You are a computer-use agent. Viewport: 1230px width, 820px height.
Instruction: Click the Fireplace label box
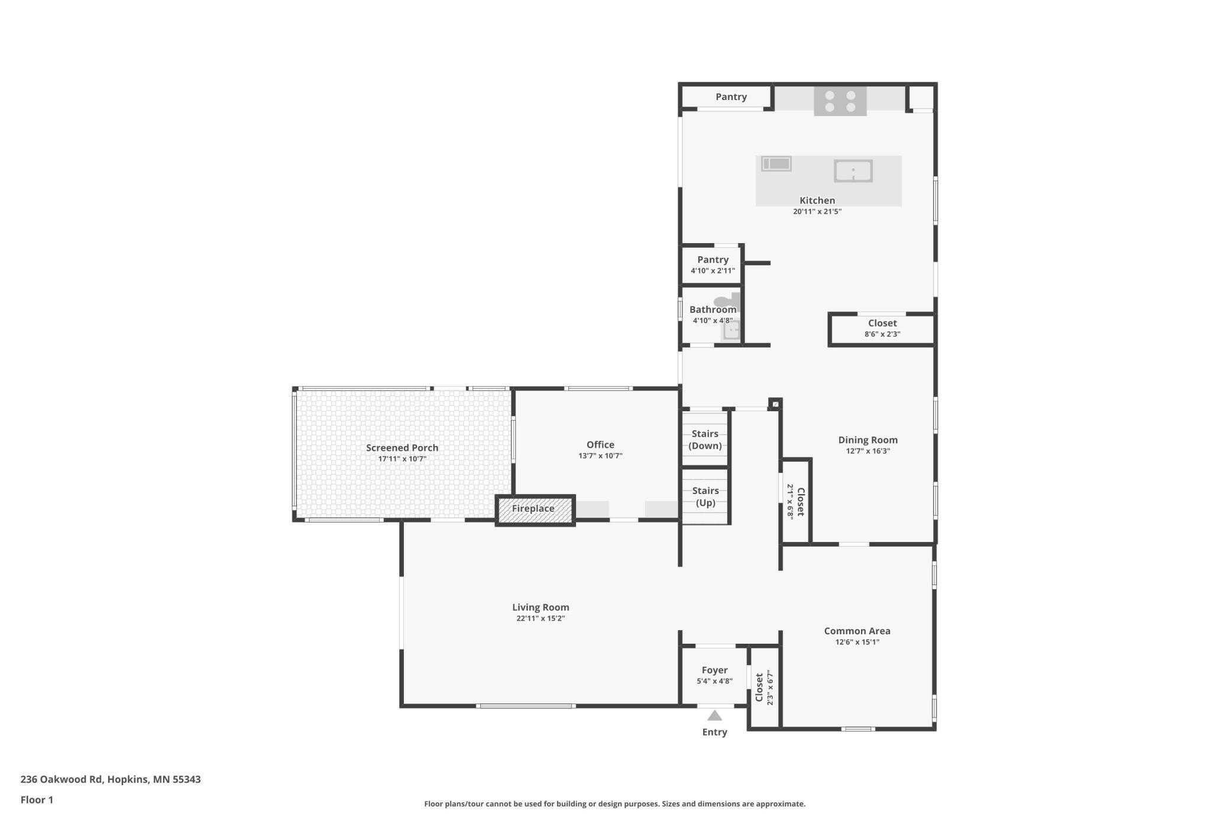pos(534,509)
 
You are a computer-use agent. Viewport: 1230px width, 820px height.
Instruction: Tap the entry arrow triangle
pos(714,716)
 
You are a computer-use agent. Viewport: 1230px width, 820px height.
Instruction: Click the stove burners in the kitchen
pos(840,101)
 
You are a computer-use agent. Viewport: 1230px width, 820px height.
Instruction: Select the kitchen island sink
pos(853,171)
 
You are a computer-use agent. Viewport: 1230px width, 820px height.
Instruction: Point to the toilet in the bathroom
pos(727,301)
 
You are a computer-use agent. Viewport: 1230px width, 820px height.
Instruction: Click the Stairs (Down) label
pos(705,440)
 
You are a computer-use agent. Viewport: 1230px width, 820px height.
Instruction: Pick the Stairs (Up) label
pos(705,496)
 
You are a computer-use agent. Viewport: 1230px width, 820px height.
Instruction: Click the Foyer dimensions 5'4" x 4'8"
pos(714,682)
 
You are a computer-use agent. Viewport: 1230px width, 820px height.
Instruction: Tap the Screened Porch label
pos(402,448)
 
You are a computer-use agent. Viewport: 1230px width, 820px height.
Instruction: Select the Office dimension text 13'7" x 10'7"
pos(600,456)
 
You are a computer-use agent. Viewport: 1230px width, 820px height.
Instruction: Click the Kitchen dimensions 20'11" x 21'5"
pos(817,212)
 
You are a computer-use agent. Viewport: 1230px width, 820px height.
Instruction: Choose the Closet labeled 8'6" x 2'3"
pos(882,328)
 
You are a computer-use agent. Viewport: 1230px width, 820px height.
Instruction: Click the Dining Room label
pos(868,440)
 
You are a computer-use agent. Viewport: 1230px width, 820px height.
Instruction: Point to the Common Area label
pos(857,631)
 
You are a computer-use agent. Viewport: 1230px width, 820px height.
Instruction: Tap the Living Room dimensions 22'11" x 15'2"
pos(540,619)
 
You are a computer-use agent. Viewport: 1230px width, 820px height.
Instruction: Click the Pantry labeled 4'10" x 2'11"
pos(713,264)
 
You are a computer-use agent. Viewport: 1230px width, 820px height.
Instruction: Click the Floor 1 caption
pos(37,800)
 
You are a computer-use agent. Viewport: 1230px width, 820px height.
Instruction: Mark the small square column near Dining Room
pos(775,405)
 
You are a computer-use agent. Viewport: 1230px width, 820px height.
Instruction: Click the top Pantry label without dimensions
pos(731,97)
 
